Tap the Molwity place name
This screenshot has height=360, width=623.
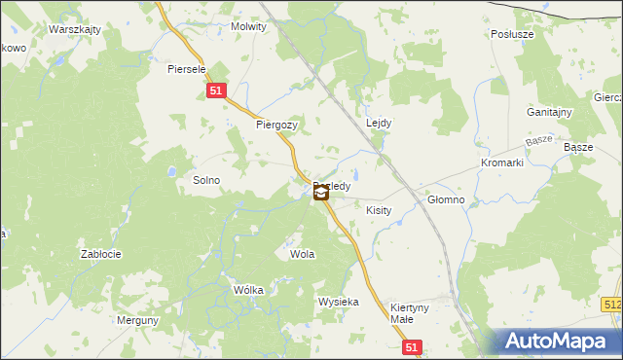pos(248,27)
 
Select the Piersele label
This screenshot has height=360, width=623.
pos(186,69)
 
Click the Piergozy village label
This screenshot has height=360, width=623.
pos(275,125)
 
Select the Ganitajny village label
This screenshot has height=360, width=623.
pos(549,112)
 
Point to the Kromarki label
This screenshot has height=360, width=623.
pos(502,162)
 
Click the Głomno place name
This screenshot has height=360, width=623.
pos(447,199)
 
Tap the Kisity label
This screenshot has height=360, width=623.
pos(378,210)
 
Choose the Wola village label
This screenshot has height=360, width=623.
pos(302,254)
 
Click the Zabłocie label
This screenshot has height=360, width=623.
pos(100,254)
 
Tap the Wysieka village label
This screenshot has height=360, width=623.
pos(338,302)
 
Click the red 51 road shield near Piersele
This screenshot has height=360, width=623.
pos(217,90)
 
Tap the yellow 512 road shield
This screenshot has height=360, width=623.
pos(612,305)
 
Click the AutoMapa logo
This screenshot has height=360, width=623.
pos(560,342)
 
